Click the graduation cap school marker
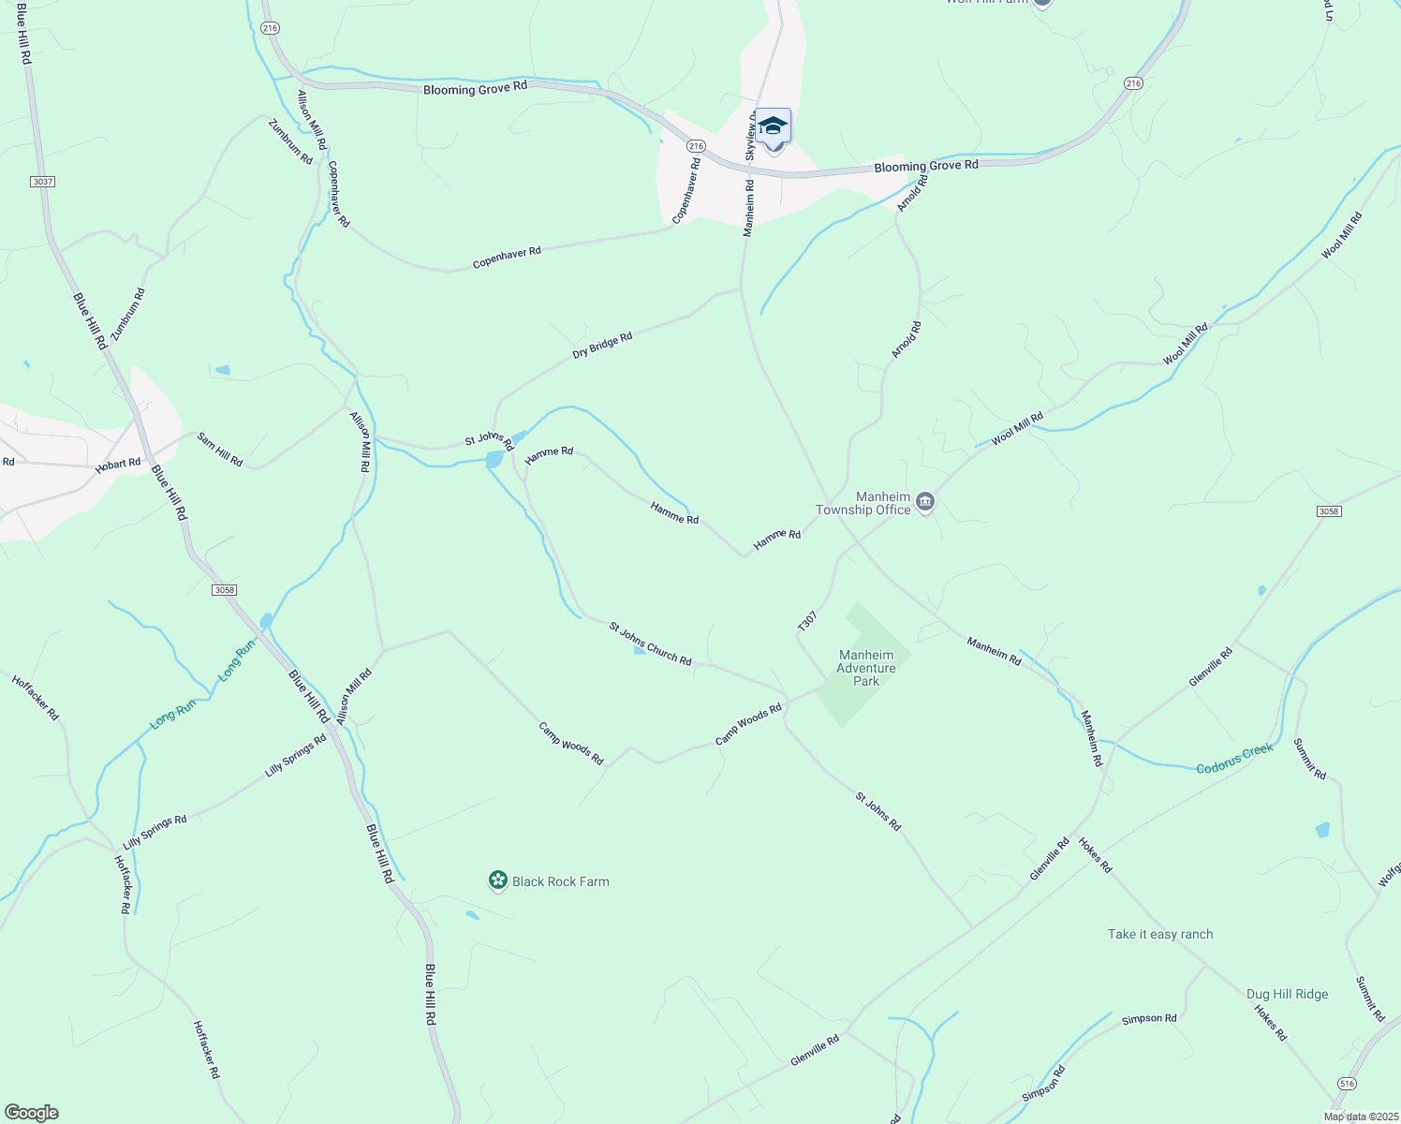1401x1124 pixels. pyautogui.click(x=773, y=125)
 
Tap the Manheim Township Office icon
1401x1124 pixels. pyautogui.click(x=924, y=502)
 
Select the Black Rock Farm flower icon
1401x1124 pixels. pyautogui.click(x=498, y=880)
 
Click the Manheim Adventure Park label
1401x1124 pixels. pyautogui.click(x=866, y=668)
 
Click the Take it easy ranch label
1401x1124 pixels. pyautogui.click(x=1159, y=934)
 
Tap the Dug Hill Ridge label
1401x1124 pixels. pyautogui.click(x=1287, y=994)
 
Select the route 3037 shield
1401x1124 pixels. pyautogui.click(x=42, y=181)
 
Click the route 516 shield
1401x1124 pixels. pyautogui.click(x=1347, y=1083)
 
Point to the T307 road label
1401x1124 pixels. pyautogui.click(x=807, y=621)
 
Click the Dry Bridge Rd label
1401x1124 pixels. pyautogui.click(x=602, y=346)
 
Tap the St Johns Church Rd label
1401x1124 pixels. pyautogui.click(x=650, y=644)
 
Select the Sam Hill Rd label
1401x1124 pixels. pyautogui.click(x=220, y=450)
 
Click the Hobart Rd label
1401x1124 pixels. pyautogui.click(x=118, y=464)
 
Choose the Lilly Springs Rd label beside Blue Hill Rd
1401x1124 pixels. pyautogui.click(x=295, y=755)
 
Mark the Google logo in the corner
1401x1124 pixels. pyautogui.click(x=31, y=1113)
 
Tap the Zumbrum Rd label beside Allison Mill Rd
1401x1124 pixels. pyautogui.click(x=290, y=141)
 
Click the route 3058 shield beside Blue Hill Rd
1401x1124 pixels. pyautogui.click(x=224, y=590)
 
